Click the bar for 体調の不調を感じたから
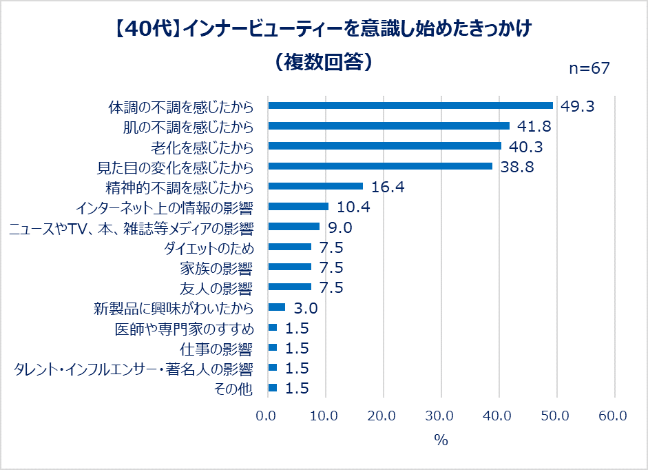tap(410, 105)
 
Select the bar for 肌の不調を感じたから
tap(388, 126)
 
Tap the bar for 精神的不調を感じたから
tap(315, 186)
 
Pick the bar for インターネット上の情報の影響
tap(298, 206)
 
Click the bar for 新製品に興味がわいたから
tap(276, 307)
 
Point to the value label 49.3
tap(576, 106)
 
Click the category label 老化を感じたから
tap(202, 147)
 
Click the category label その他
tap(234, 389)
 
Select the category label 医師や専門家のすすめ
tap(185, 328)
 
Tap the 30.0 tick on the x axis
tap(439, 416)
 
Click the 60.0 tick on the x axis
tap(613, 416)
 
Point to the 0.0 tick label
tap(266, 416)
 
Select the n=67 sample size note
tap(589, 68)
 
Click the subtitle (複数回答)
tap(322, 61)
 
